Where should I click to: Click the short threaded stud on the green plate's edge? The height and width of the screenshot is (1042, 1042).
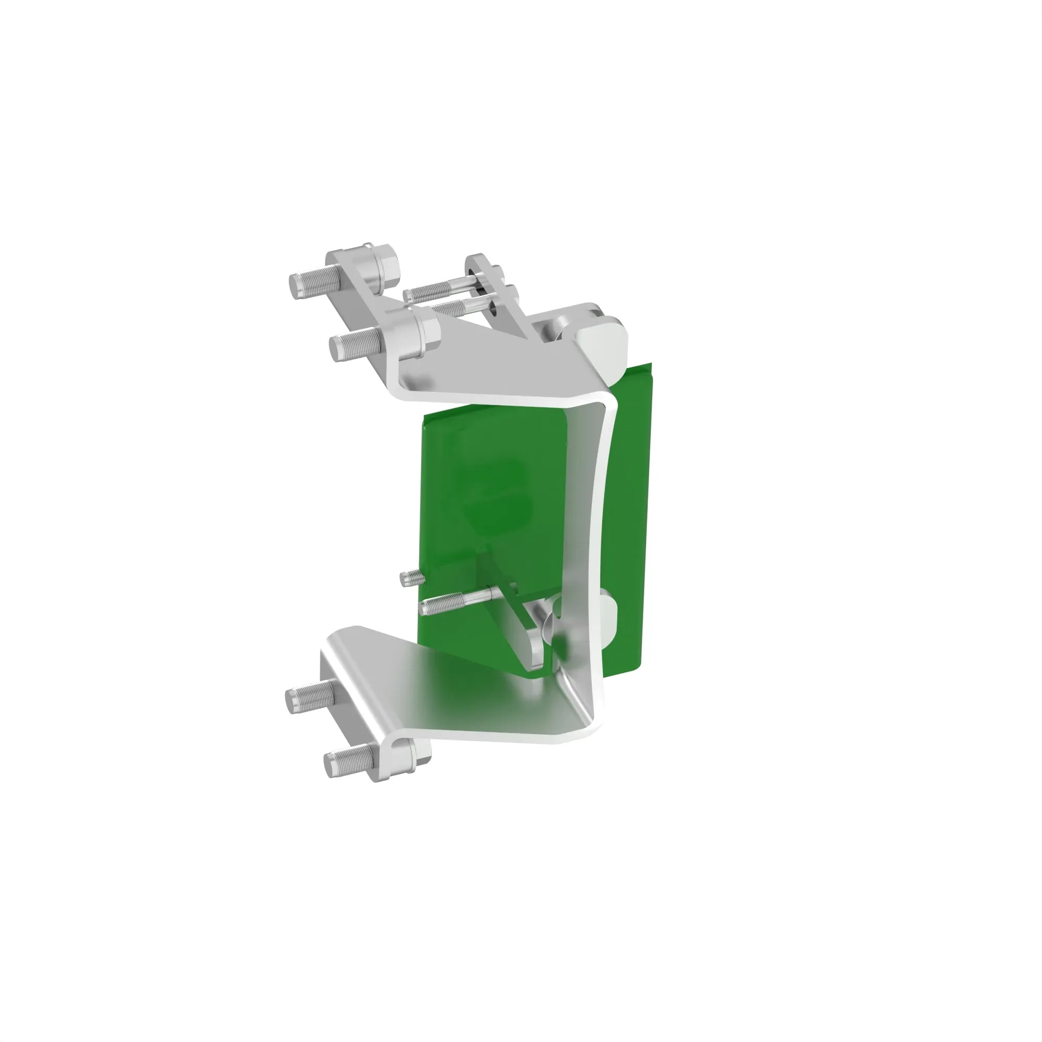coord(411,579)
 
